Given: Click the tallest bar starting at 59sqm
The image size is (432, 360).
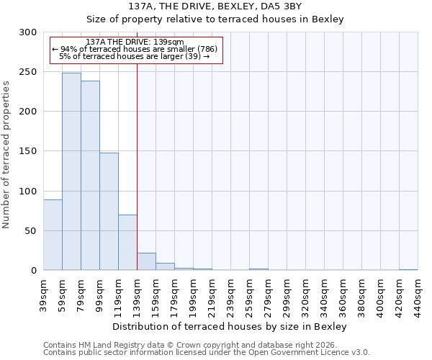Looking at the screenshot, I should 71,171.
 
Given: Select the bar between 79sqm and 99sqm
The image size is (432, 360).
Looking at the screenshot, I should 90,176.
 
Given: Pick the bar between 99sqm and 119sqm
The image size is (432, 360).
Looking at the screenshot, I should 109,211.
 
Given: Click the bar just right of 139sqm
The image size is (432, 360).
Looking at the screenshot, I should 146,261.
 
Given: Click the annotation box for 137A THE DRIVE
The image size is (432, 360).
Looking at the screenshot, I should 136,49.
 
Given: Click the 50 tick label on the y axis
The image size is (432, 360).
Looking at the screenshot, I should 31,231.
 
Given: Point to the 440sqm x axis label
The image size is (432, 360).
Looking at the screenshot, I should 418,296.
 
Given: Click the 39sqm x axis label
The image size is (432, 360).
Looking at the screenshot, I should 43,294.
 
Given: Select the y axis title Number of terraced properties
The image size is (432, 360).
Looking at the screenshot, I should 7,154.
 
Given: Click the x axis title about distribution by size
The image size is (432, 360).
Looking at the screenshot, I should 230,327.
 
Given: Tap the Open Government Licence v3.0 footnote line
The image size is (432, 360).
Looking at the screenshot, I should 207,352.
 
